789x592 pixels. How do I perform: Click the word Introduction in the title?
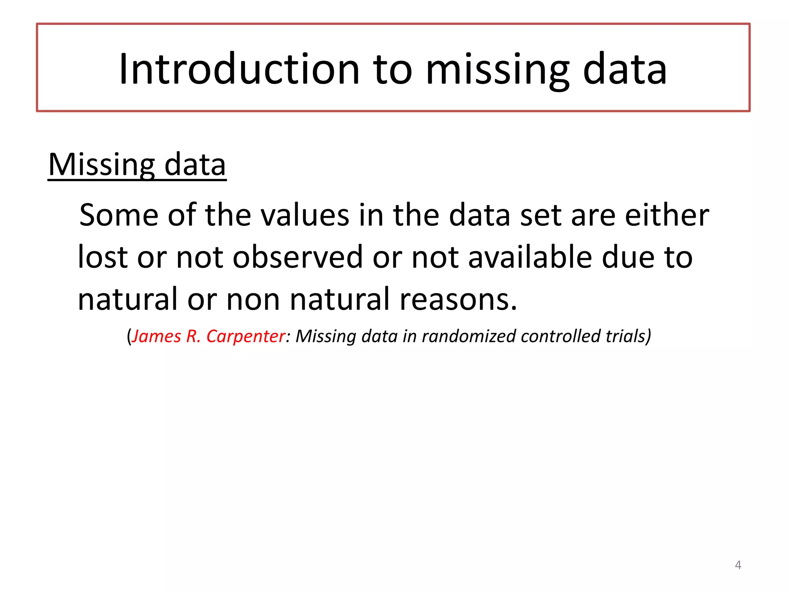coord(239,69)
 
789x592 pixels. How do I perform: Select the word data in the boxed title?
coord(624,69)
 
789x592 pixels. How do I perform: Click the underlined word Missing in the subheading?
coord(102,165)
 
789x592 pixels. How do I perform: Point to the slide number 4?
coord(738,565)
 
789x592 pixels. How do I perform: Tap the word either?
coord(667,215)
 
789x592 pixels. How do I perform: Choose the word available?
coord(530,257)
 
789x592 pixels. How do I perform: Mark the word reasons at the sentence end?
coord(458,299)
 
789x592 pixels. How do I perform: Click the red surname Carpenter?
coord(245,336)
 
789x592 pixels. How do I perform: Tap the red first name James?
coord(156,336)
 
